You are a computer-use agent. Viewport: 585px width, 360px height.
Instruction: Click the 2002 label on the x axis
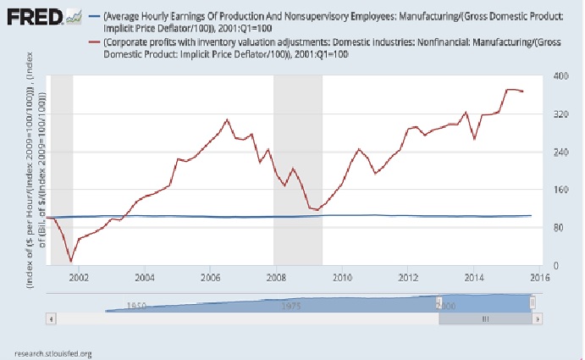coord(79,276)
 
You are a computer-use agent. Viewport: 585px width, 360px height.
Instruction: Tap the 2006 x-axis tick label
coord(210,276)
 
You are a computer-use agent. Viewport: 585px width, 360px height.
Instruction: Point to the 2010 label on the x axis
coord(342,276)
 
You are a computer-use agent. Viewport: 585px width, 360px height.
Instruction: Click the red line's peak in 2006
coord(227,119)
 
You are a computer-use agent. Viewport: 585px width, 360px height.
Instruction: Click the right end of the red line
coord(523,91)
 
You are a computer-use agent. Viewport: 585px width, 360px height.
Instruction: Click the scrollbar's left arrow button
coord(52,319)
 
